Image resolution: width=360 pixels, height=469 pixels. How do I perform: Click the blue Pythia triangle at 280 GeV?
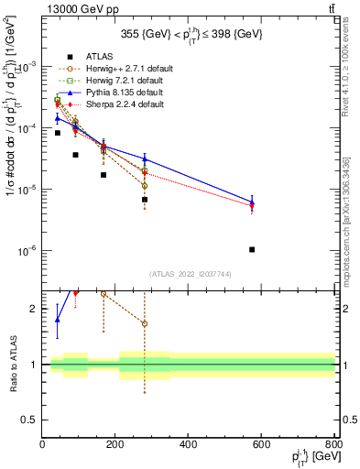pos(145,158)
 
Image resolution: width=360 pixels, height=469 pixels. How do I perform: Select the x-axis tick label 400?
pos(189,444)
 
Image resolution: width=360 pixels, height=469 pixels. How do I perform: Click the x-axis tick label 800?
pos(334,444)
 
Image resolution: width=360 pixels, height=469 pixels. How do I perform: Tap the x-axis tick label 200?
pos(115,444)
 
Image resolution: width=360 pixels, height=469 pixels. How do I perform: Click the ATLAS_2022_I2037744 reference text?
pos(189,273)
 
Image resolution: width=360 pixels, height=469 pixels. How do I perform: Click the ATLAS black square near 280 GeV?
pos(145,199)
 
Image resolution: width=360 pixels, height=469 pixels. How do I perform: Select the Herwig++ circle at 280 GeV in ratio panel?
pos(145,324)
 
